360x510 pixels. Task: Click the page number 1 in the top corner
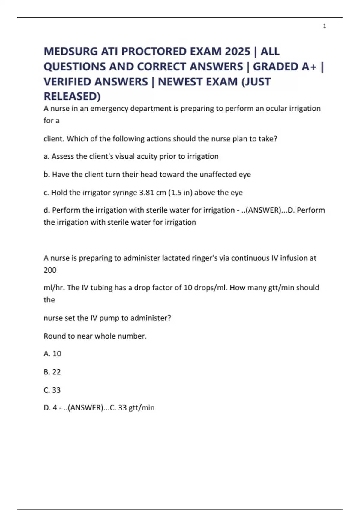(x=325, y=26)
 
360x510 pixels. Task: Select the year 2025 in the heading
(x=237, y=52)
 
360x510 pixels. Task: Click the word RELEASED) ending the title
(x=72, y=96)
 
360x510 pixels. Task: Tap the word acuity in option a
(x=147, y=156)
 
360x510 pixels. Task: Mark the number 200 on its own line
(x=50, y=270)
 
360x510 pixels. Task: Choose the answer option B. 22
(x=52, y=372)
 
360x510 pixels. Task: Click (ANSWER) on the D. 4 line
(x=86, y=408)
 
